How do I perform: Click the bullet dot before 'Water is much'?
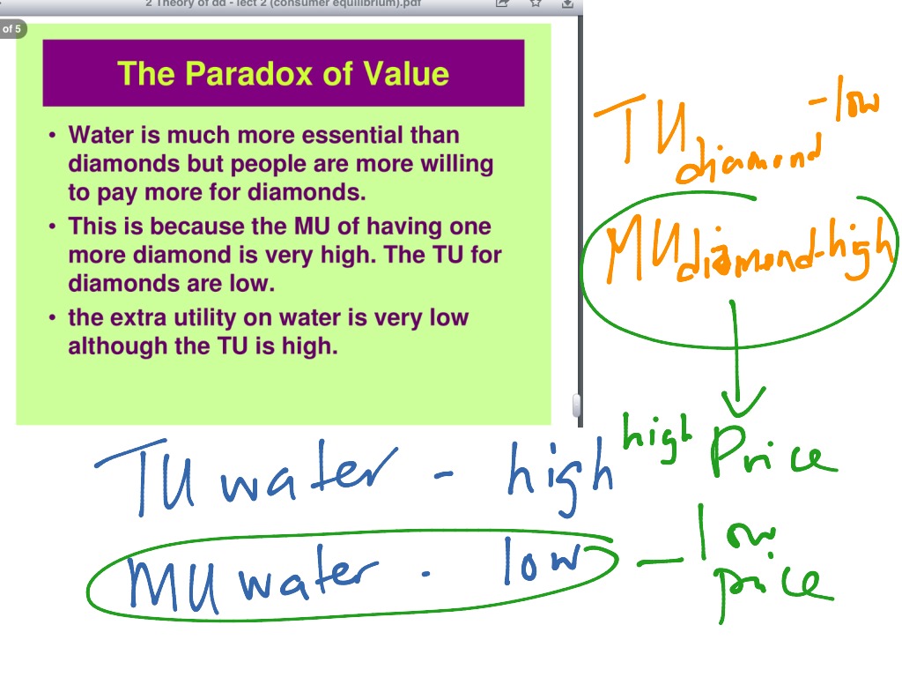[52, 136]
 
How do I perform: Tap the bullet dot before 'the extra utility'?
[52, 318]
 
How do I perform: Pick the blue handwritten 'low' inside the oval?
[541, 561]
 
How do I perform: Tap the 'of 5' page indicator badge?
[11, 29]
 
